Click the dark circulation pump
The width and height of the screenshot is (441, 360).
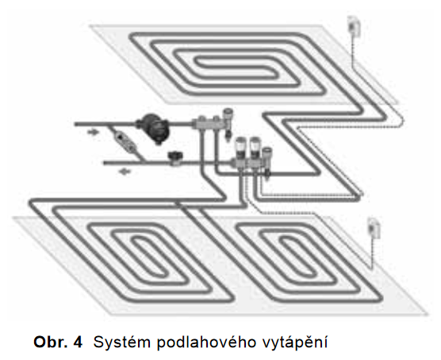pos(153,128)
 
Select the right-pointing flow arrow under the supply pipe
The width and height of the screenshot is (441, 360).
pos(93,132)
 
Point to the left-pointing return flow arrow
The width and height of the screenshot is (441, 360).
pos(125,171)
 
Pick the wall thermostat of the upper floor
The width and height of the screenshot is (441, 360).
pos(353,26)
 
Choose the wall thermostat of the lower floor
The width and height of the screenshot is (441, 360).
pos(374,228)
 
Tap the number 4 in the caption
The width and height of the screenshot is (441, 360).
pos(78,343)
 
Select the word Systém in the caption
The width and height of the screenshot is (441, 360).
pos(123,343)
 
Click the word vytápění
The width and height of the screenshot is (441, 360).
pos(294,343)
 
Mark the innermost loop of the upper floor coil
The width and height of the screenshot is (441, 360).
pos(237,67)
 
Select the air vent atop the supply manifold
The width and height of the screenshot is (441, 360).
pos(228,115)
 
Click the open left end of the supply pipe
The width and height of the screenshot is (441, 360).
pos(75,124)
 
